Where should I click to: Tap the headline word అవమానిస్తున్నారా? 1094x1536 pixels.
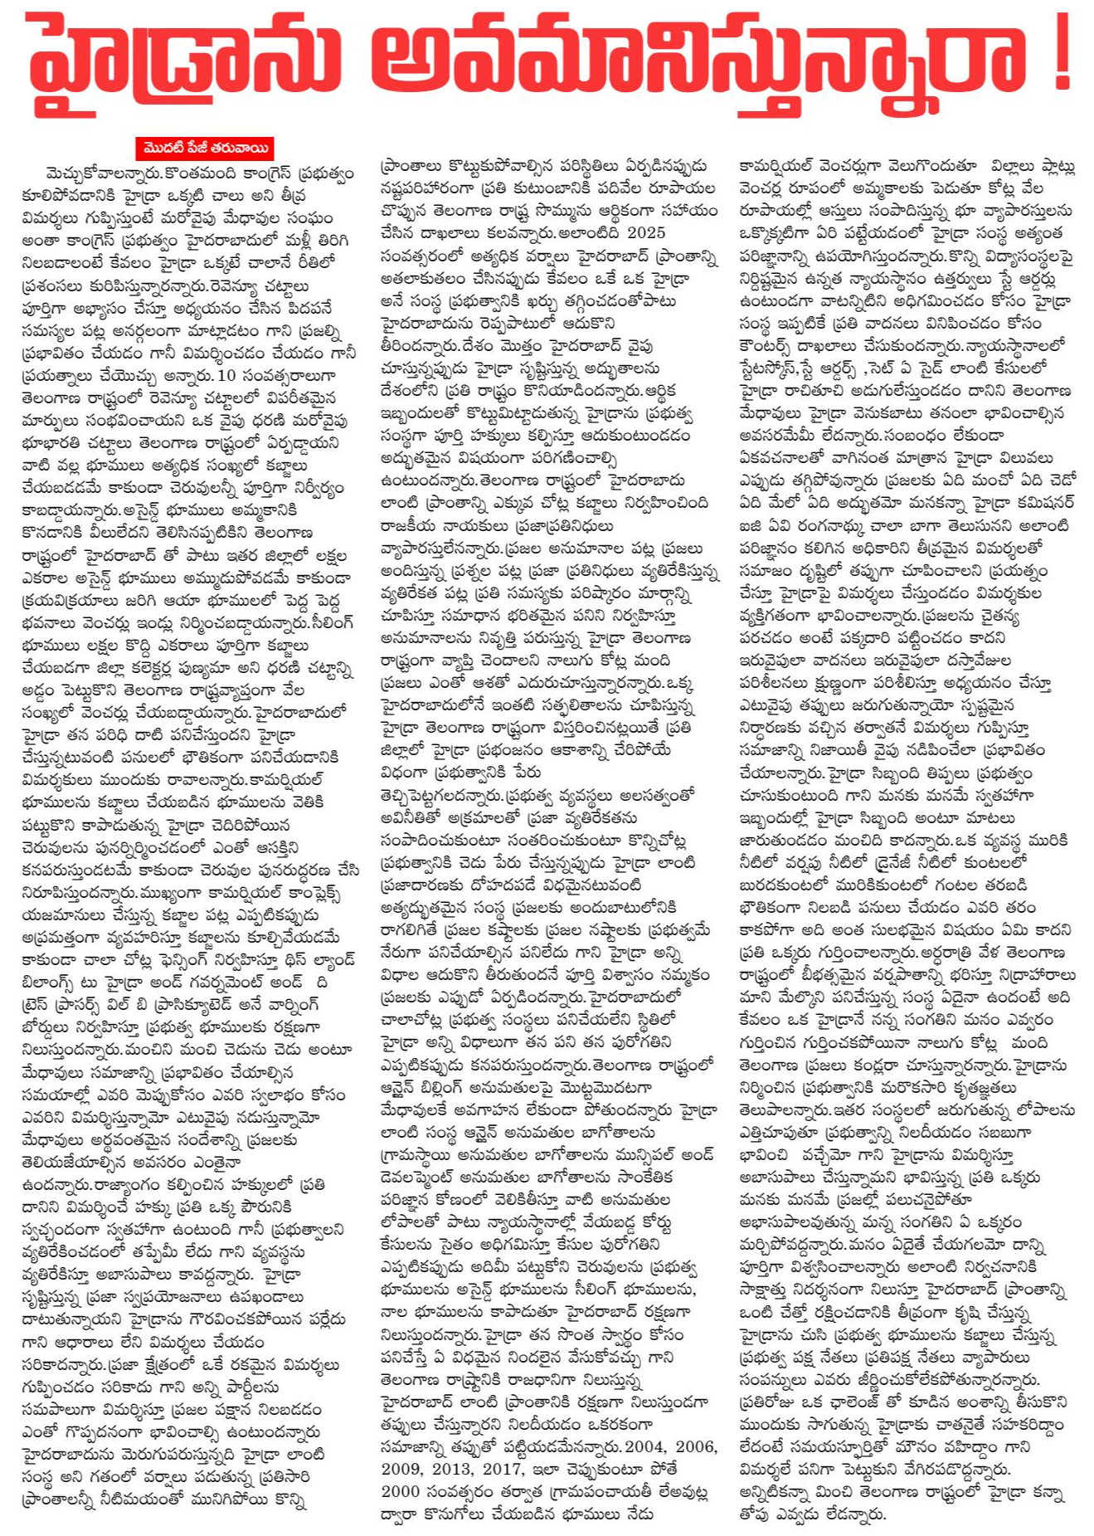point(701,62)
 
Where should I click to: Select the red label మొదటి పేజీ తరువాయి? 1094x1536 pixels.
point(205,149)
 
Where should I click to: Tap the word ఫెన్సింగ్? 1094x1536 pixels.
point(169,960)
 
